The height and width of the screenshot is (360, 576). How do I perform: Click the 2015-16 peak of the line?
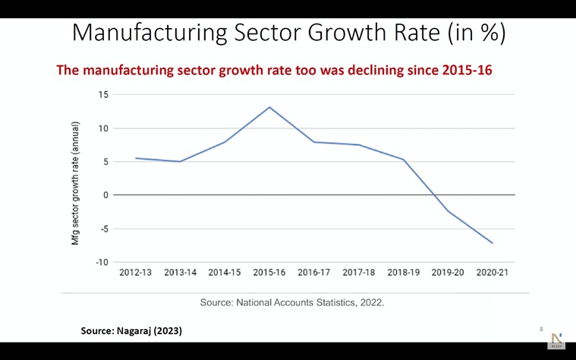tap(269, 107)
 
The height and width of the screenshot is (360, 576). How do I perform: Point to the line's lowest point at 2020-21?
tap(493, 243)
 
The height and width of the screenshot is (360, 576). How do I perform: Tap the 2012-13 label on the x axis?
tap(135, 273)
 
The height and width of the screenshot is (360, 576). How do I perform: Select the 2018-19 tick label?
tap(403, 273)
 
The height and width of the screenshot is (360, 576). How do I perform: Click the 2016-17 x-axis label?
tap(313, 273)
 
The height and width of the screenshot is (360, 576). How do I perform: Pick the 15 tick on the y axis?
tap(104, 95)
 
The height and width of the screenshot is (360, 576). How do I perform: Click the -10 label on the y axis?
tap(102, 262)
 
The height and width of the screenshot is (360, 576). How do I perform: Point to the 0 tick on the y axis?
tap(106, 195)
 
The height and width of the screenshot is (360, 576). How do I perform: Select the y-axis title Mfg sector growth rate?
tap(76, 183)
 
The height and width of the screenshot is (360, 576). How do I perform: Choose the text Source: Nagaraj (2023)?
tap(131, 331)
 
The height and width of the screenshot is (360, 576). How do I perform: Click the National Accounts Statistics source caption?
tap(292, 302)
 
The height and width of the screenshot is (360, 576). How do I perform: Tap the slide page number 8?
tap(541, 329)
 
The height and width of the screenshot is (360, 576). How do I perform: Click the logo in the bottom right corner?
tap(556, 340)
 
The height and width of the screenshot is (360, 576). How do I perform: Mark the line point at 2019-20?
tap(448, 211)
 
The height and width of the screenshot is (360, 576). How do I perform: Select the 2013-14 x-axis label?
tap(180, 273)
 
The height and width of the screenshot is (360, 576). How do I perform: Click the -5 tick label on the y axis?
tap(105, 229)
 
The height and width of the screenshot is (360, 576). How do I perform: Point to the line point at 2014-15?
tap(225, 142)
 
